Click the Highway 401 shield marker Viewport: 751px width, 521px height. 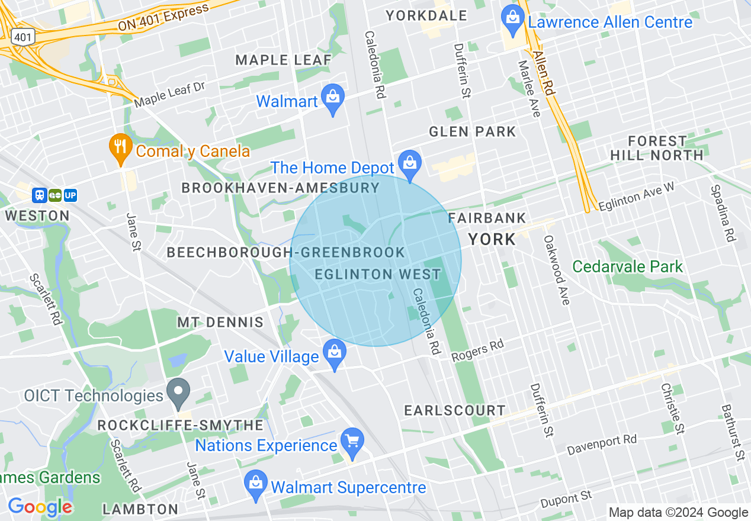[23, 37]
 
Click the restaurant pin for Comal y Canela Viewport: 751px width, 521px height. [121, 148]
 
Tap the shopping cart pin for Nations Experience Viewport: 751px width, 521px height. [353, 442]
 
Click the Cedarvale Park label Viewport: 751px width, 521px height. [628, 266]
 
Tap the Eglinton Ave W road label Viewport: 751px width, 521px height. [636, 196]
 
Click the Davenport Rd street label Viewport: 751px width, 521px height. [602, 445]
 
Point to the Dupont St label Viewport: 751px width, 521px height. [566, 499]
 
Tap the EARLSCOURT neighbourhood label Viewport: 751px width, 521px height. [455, 410]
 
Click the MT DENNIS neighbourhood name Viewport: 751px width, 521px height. [220, 323]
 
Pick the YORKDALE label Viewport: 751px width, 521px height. [426, 16]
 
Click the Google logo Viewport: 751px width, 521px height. [40, 507]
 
